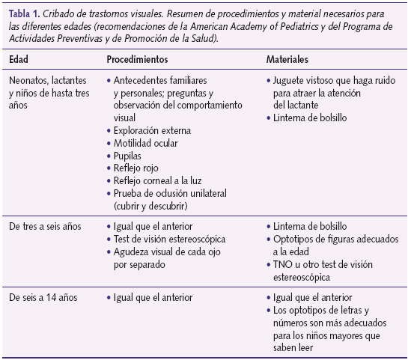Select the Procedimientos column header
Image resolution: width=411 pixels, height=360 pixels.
click(137, 58)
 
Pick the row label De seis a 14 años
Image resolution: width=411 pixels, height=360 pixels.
click(43, 298)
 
